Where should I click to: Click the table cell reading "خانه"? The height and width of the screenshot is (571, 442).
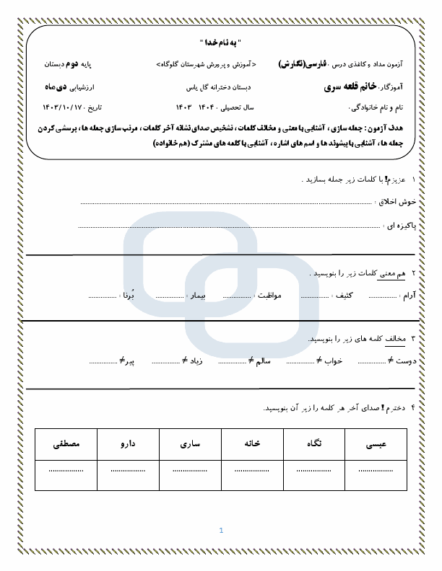click(252, 444)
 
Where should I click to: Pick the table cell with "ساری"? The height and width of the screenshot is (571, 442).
click(190, 444)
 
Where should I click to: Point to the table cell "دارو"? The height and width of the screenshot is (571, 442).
click(128, 444)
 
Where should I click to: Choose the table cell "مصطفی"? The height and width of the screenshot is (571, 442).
click(66, 444)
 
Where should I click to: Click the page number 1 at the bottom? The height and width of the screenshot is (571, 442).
click(221, 531)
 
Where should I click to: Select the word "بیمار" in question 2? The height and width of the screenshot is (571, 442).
click(198, 296)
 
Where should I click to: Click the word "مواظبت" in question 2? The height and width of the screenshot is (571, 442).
click(268, 296)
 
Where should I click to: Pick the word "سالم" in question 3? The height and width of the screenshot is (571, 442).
click(263, 360)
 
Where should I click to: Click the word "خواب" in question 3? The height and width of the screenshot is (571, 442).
click(334, 360)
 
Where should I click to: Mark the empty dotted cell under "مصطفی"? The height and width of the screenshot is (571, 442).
click(66, 470)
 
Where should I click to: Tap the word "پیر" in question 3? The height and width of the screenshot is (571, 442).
click(127, 360)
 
